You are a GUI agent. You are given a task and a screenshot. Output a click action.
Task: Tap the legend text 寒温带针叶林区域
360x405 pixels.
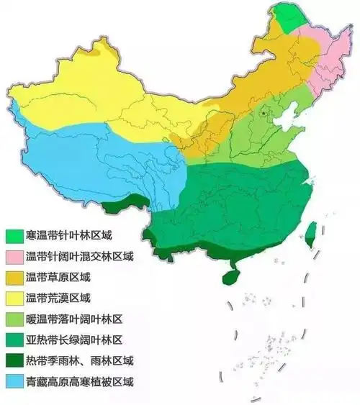68,235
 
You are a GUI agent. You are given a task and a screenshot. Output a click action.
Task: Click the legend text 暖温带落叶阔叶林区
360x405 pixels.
74,318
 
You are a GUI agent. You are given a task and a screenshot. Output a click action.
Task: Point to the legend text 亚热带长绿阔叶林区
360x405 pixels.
74,339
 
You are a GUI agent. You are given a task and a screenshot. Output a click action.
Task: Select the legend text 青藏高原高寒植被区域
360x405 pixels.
79,380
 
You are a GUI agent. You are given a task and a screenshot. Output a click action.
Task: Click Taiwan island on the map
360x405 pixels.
311,235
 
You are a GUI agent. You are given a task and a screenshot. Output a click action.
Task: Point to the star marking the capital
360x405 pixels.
265,113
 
